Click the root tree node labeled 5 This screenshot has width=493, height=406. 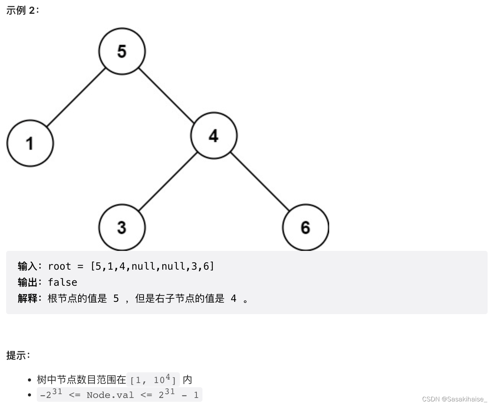(122, 51)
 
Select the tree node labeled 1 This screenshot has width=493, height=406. (30, 143)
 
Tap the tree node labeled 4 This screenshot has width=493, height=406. (214, 136)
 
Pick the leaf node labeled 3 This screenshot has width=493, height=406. (122, 227)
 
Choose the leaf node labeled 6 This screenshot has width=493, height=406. (305, 227)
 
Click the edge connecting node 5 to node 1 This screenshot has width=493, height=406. (76, 97)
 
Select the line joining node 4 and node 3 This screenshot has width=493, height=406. (168, 182)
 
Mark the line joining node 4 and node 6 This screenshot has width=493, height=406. (260, 182)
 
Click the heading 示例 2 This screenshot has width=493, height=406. (23, 10)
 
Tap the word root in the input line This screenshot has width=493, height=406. (59, 266)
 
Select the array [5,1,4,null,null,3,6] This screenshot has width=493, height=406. (152, 266)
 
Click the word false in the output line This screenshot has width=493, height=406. (62, 282)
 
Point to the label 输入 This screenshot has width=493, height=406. (27, 266)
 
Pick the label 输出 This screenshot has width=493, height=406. (27, 282)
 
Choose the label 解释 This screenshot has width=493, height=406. (27, 298)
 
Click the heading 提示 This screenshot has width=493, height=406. (18, 355)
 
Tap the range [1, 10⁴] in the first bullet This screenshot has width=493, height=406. (153, 380)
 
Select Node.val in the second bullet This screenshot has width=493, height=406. (110, 395)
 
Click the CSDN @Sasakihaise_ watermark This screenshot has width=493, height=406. (454, 399)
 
